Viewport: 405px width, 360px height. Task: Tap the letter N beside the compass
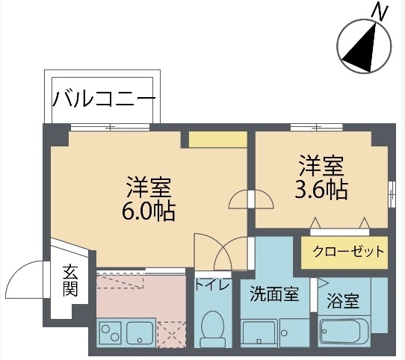382,12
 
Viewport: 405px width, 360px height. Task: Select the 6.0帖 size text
149,212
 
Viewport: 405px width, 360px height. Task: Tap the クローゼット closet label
348,252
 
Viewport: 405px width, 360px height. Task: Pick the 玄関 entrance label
70,280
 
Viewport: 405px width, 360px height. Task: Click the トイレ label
212,285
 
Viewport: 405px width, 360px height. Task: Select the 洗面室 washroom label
274,294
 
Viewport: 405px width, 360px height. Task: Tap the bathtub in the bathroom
343,331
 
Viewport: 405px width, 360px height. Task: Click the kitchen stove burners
111,331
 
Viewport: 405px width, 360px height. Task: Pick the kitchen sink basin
140,330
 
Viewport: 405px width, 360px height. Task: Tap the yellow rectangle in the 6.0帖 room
217,140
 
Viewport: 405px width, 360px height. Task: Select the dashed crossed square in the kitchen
174,332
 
